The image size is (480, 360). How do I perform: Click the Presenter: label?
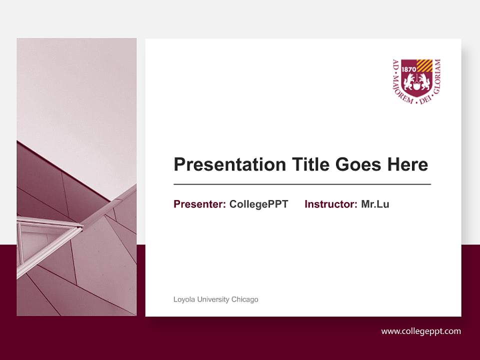199,204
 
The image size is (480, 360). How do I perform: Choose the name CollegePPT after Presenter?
258,204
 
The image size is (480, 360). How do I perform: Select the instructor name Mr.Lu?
375,204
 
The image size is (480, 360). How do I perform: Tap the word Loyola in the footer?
183,299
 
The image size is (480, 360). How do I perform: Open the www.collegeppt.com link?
421,331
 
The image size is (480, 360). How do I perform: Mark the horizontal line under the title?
302,184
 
